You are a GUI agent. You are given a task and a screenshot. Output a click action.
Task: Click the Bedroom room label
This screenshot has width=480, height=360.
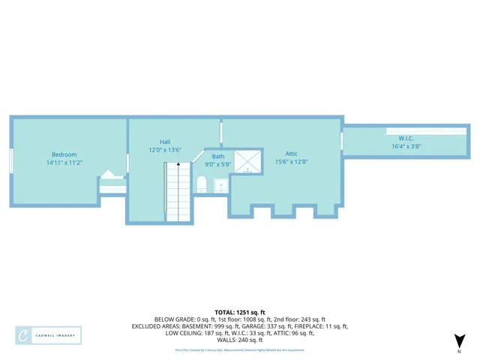[64, 154]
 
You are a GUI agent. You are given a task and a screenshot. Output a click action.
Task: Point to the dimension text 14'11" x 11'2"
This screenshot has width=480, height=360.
[64, 163]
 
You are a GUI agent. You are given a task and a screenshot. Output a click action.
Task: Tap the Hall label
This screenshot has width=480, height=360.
[165, 141]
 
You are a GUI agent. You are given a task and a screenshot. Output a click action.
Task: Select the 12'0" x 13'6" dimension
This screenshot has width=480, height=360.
[165, 149]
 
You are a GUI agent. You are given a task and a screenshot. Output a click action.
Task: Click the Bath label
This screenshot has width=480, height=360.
[217, 156]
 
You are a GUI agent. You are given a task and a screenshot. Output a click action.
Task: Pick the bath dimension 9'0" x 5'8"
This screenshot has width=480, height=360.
[217, 164]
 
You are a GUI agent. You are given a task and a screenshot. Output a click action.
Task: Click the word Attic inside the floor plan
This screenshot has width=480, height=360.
[292, 153]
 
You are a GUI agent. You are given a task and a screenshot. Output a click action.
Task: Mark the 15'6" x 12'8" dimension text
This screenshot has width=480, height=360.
[292, 161]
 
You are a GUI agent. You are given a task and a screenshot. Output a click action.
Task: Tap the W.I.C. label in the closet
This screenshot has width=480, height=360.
[406, 139]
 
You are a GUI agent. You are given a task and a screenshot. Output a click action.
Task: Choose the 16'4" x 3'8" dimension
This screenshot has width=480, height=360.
[406, 147]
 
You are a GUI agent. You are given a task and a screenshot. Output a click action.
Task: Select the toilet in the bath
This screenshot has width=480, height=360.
[201, 184]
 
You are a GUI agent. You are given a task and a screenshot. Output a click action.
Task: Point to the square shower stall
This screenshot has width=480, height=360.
[247, 160]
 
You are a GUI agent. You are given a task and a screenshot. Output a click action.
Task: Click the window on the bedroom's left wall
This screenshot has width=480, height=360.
[11, 160]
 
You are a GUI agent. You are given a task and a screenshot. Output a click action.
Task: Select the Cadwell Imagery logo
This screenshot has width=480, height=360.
[48, 335]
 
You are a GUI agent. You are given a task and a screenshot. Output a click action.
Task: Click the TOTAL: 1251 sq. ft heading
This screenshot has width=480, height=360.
[240, 311]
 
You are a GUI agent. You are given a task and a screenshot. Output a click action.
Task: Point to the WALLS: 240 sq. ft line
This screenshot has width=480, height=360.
[240, 340]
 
